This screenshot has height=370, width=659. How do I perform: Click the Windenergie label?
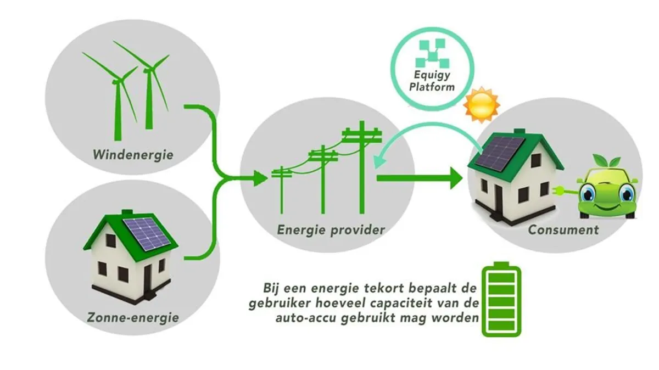(132, 155)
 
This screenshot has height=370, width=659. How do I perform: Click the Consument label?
(563, 229)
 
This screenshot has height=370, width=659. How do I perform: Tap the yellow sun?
(481, 104)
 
